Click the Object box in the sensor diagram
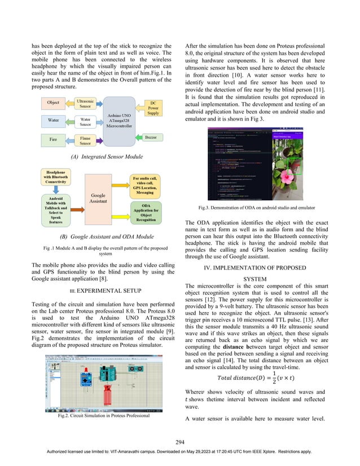(x=53, y=103)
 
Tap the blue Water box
(x=53, y=120)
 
